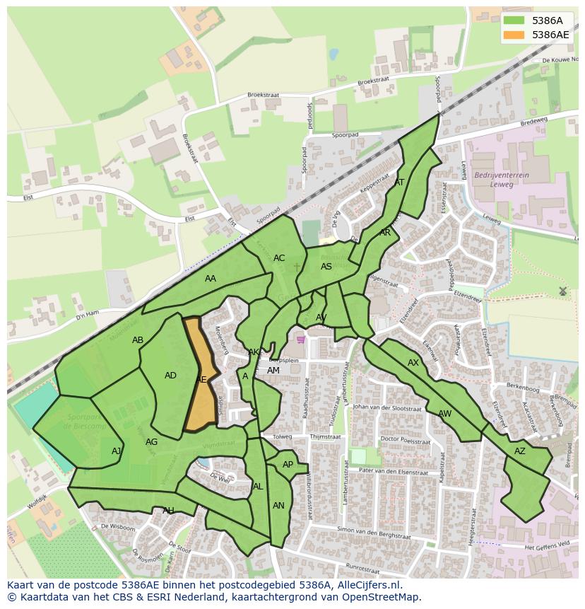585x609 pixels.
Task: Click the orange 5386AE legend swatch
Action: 514,35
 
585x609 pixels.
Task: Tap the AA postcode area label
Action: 211,279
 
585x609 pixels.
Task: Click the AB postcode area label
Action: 138,340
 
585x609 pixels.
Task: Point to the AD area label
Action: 170,376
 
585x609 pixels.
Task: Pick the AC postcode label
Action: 279,258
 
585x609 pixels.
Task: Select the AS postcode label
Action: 326,267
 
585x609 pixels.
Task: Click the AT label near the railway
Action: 399,182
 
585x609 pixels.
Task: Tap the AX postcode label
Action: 413,363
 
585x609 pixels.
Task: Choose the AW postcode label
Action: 444,414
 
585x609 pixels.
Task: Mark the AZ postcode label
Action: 520,451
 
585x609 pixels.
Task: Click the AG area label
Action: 151,442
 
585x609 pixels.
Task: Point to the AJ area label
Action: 117,451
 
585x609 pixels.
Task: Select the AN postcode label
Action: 278,506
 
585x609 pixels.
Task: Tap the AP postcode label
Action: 288,465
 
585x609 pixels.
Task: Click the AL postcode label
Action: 258,487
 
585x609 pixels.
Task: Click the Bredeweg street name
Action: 533,121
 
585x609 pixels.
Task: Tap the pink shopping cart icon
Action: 302,340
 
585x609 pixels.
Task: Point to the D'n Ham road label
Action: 88,314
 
